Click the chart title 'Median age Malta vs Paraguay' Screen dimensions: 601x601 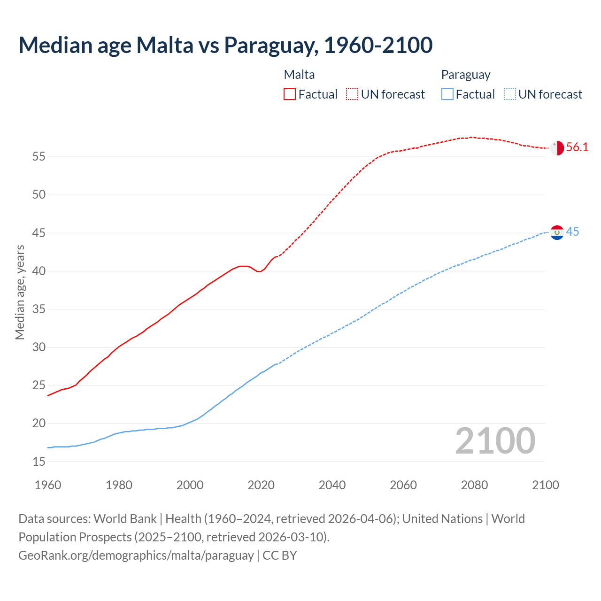pyautogui.click(x=225, y=45)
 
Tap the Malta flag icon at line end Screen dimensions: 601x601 pyautogui.click(x=557, y=147)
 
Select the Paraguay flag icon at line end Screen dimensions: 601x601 pyautogui.click(x=557, y=232)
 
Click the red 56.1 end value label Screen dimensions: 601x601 pyautogui.click(x=577, y=147)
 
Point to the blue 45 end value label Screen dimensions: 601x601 pyautogui.click(x=572, y=232)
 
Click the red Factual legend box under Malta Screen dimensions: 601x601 pyautogui.click(x=290, y=94)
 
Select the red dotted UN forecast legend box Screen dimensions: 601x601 pyautogui.click(x=352, y=94)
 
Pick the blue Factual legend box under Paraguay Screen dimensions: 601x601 pyautogui.click(x=447, y=94)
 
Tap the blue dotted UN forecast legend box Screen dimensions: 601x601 pyautogui.click(x=509, y=94)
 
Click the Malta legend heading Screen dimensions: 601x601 pyautogui.click(x=299, y=75)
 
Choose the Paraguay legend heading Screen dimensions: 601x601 pyautogui.click(x=465, y=75)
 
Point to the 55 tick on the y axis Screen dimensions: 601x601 pyautogui.click(x=39, y=156)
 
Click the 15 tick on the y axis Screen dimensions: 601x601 pyautogui.click(x=39, y=462)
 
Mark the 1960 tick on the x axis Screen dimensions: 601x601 pyautogui.click(x=48, y=485)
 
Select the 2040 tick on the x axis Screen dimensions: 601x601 pyautogui.click(x=332, y=485)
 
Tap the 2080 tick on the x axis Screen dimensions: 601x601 pyautogui.click(x=474, y=485)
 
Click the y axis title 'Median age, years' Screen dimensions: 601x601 pyautogui.click(x=20, y=292)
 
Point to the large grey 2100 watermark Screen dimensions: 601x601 pyautogui.click(x=495, y=440)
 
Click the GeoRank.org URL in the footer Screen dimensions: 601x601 pyautogui.click(x=136, y=555)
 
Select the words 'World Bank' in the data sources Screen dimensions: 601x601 pyautogui.click(x=125, y=519)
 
